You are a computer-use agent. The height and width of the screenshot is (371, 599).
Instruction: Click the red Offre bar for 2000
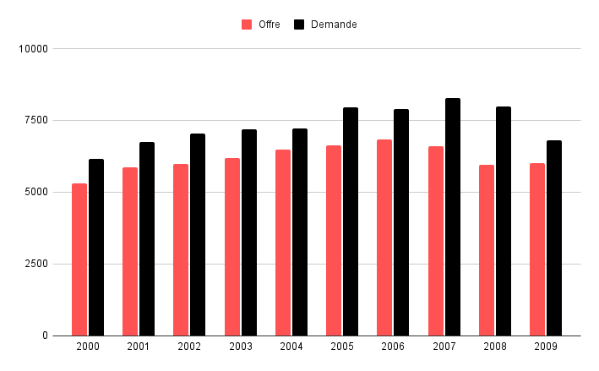point(79,259)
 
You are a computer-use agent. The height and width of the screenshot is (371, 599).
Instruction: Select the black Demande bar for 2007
point(453,217)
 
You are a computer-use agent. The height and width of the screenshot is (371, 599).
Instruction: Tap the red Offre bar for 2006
point(384,237)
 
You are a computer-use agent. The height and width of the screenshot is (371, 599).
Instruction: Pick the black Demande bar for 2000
point(96,248)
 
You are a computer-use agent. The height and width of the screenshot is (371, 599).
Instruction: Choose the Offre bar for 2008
point(487,250)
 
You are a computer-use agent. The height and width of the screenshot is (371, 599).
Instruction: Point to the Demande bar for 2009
point(554,238)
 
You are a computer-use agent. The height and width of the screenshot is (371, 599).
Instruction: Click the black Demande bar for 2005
point(351,221)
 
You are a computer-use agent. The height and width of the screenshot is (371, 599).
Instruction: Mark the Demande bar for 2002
point(198,235)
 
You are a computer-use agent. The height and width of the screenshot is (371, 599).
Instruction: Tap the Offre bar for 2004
point(283,243)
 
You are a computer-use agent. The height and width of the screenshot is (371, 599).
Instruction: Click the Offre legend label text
point(270,25)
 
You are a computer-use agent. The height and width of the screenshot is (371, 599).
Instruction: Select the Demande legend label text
point(334,25)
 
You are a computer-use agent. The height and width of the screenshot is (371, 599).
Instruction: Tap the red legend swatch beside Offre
point(247,25)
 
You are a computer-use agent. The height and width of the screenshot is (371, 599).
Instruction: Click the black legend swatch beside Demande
point(299,25)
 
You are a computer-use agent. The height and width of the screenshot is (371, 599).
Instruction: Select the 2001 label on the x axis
point(138,347)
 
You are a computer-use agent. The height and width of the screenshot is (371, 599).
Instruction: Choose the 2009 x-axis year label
point(546,347)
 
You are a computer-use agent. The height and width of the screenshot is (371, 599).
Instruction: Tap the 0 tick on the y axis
point(45,336)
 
